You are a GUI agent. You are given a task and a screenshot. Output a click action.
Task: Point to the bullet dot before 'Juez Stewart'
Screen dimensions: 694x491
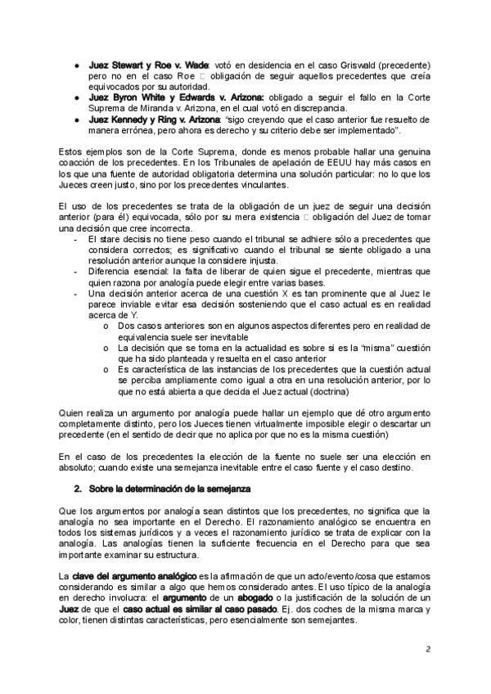click(75, 64)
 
